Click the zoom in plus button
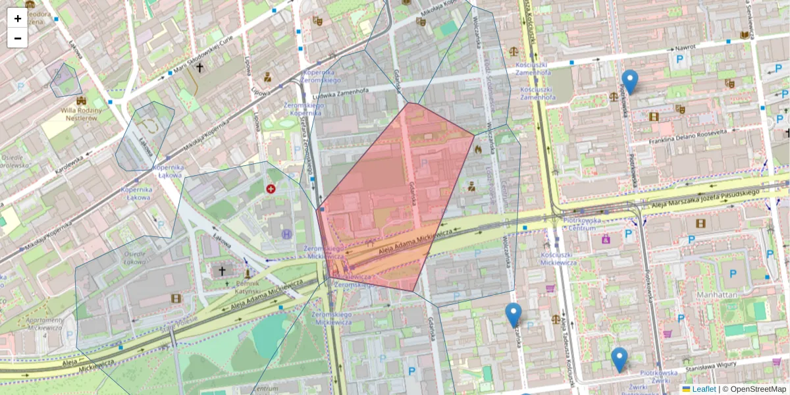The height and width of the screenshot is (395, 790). [x=18, y=18]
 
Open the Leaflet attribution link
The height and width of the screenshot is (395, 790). [x=703, y=389]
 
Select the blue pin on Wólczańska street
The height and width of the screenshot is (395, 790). [x=513, y=315]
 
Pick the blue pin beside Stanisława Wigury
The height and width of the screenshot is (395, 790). [x=619, y=359]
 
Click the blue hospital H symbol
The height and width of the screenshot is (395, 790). [x=287, y=234]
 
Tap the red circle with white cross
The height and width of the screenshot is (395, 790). [x=271, y=189]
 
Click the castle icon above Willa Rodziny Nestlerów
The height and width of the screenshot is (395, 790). [x=81, y=101]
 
